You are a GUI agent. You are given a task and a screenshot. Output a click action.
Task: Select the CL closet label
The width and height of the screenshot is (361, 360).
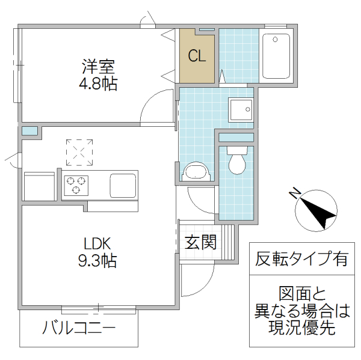tap(197, 56)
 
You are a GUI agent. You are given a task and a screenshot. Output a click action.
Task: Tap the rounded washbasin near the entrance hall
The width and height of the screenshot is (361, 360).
tap(196, 172)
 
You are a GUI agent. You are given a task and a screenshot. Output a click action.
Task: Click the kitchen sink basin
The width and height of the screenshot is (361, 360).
tap(123, 185)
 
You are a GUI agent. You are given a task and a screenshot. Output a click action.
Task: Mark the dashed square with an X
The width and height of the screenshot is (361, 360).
tap(80, 151)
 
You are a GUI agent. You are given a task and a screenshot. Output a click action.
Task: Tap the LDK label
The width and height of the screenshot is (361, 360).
tap(96, 244)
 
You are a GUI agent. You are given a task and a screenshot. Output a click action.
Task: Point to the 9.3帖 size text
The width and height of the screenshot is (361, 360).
tap(96, 262)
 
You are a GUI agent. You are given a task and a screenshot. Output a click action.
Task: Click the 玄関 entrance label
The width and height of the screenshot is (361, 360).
tap(200, 243)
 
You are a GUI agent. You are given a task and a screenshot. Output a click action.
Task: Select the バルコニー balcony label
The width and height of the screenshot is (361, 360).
tap(78, 329)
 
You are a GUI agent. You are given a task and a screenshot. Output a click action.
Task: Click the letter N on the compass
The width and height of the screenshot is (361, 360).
tap(295, 193)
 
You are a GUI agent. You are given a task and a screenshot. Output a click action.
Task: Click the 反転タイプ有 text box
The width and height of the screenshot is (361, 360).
tap(301, 260)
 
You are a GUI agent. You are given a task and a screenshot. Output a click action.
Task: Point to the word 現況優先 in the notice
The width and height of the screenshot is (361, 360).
tap(301, 329)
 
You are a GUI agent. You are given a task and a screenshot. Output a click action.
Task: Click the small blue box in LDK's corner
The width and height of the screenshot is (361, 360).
tap(29, 130)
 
